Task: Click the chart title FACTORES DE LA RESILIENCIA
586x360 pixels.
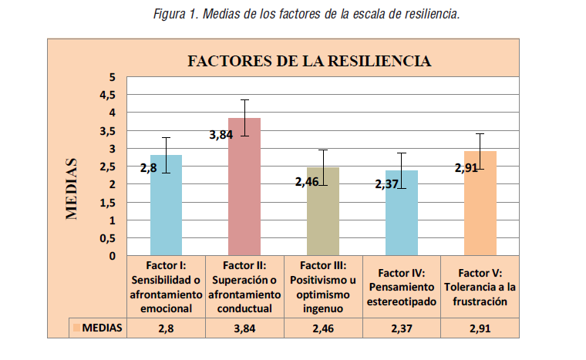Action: [x=309, y=61]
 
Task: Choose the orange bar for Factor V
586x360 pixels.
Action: [x=480, y=204]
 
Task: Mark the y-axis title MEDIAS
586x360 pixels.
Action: [x=72, y=189]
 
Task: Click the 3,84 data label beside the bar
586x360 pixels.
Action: [x=222, y=135]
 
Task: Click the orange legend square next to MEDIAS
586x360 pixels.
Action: [x=76, y=327]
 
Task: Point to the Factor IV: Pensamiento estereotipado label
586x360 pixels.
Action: [x=401, y=287]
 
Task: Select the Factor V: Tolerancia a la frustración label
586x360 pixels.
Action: [x=480, y=287]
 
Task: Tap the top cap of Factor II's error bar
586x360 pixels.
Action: [x=244, y=100]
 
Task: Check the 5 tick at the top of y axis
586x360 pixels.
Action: [x=111, y=77]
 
